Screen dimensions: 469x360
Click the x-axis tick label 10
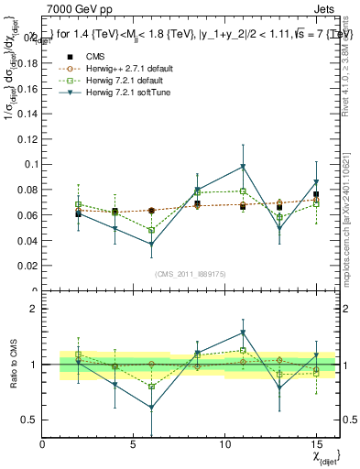coord(224,444)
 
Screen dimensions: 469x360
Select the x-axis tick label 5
coord(134,444)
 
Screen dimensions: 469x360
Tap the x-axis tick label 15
coord(315,444)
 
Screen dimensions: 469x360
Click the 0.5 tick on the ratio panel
coord(29,420)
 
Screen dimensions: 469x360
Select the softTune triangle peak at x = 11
coord(243,167)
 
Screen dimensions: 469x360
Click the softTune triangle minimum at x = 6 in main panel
coord(151,245)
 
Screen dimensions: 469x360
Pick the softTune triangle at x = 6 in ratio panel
coord(151,408)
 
